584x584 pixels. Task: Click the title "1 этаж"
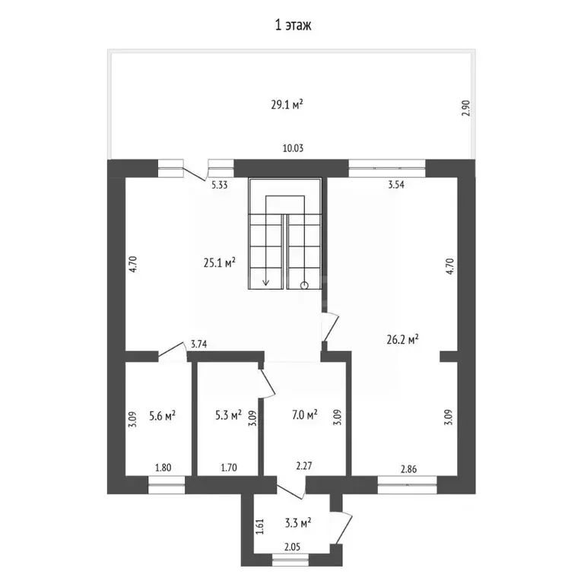click(293, 25)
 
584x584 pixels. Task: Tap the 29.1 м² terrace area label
click(287, 104)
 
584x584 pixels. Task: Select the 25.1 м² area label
click(219, 262)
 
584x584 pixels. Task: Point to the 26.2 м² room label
click(402, 339)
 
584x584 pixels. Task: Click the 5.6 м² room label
click(163, 415)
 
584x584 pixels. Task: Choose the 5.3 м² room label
click(228, 414)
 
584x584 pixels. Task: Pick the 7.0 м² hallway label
click(305, 414)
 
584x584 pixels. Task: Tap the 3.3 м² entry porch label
click(298, 523)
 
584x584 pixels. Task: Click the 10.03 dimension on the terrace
click(293, 148)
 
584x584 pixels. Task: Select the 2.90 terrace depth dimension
click(466, 108)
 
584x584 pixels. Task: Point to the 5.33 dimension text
click(220, 185)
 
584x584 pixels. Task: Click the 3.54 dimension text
click(396, 184)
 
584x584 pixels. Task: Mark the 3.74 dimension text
click(199, 344)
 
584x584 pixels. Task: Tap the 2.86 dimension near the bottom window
click(408, 469)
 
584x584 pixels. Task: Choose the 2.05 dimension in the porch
click(292, 547)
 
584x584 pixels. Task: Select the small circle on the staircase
click(304, 286)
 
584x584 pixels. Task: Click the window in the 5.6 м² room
click(167, 485)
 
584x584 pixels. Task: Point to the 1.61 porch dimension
click(260, 527)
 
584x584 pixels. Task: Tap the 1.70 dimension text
click(229, 468)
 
